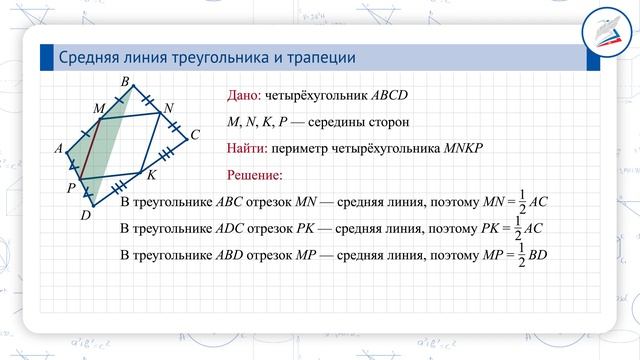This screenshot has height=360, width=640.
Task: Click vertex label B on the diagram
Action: (124, 80)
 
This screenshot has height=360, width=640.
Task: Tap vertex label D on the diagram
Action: (86, 213)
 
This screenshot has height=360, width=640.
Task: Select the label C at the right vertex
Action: (195, 134)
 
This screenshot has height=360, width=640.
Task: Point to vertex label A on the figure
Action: (59, 149)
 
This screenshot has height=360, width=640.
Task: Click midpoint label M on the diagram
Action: (98, 107)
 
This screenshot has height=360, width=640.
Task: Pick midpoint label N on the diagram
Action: (168, 107)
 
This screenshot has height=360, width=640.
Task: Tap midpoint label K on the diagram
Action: (151, 175)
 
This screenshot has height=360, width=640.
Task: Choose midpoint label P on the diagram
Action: (71, 187)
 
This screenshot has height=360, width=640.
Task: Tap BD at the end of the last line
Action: (538, 255)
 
